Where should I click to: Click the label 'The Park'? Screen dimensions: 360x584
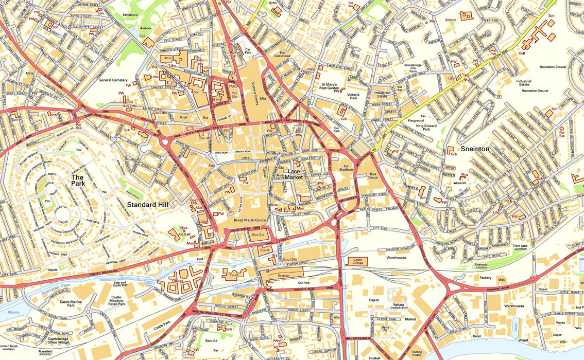[x=78, y=179]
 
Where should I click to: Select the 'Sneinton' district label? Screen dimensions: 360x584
[x=475, y=148]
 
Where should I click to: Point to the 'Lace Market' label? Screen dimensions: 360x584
[x=295, y=174]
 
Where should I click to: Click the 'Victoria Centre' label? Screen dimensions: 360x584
[x=253, y=91]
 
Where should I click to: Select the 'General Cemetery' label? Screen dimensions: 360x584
[x=112, y=80]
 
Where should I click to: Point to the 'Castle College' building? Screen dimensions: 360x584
[x=358, y=261]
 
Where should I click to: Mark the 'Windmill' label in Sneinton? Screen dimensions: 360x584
[x=459, y=183]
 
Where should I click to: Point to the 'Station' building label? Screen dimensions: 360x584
[x=283, y=276]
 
